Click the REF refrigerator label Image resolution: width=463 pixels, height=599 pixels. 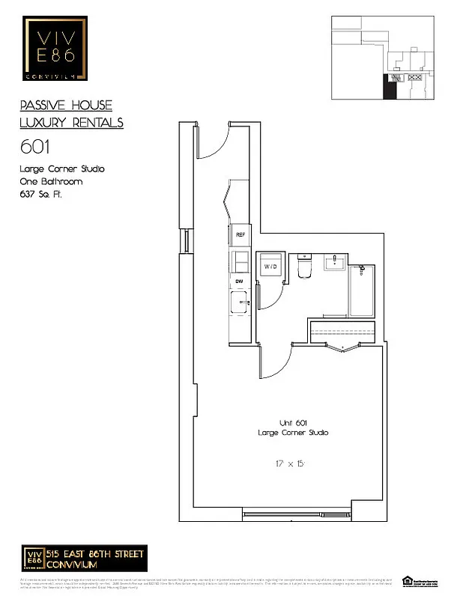coord(240,234)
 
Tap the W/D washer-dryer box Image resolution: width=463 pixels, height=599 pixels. coord(269,265)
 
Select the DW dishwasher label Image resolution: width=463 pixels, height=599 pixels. coord(240,281)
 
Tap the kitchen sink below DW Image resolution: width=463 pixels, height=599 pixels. coord(241,303)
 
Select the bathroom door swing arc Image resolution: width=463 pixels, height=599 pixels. coord(274,365)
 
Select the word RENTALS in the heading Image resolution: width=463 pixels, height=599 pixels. coord(97,123)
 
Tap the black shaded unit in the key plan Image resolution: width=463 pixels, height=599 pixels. coord(390,86)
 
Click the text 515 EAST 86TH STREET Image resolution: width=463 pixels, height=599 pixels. coord(95,553)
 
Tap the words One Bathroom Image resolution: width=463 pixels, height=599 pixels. coord(51,181)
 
